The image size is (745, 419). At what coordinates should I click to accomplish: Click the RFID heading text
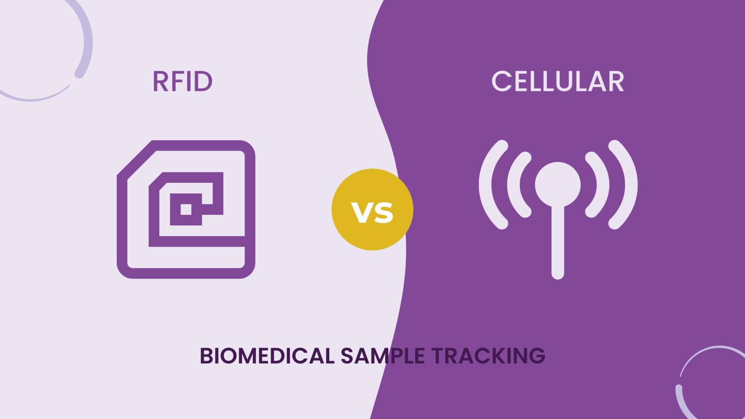coord(182,81)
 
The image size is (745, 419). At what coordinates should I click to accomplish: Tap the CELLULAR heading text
coord(558,81)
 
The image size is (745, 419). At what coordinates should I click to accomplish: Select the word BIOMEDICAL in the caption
coord(267,356)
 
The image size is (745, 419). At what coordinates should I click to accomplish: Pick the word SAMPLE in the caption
coord(382,356)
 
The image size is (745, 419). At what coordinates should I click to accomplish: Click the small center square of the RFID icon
coord(186,209)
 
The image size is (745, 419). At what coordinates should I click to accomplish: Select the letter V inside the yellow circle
coord(362,212)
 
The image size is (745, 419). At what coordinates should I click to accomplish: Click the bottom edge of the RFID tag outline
coord(186,273)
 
